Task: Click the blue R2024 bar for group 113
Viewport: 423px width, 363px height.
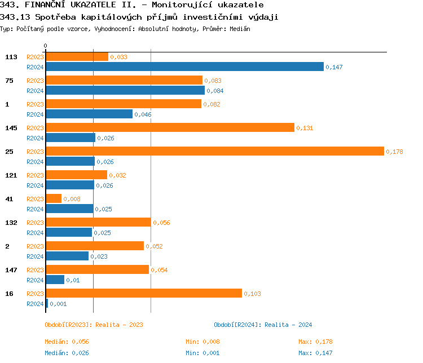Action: pos(184,67)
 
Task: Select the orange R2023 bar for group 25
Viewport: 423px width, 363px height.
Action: pos(214,151)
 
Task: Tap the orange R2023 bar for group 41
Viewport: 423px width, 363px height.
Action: pos(54,198)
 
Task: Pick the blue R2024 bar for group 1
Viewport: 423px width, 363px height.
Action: pos(89,114)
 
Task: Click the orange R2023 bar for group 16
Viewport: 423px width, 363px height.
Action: pos(143,293)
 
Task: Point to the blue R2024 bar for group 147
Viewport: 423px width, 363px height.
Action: pos(55,280)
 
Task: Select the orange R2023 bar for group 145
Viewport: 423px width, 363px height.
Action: pos(170,127)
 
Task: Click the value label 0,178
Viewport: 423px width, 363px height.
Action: pos(395,152)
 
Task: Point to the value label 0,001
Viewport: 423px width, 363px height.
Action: pos(58,304)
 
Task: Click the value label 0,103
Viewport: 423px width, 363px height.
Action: pos(253,294)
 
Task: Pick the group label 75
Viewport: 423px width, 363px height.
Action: pos(10,81)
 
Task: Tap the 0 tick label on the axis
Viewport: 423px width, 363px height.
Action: pos(46,46)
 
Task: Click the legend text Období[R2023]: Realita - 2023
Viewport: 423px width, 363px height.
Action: pos(94,325)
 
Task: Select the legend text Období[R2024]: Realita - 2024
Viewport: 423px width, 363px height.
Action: pos(263,325)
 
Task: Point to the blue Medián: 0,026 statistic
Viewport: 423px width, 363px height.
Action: pos(67,353)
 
